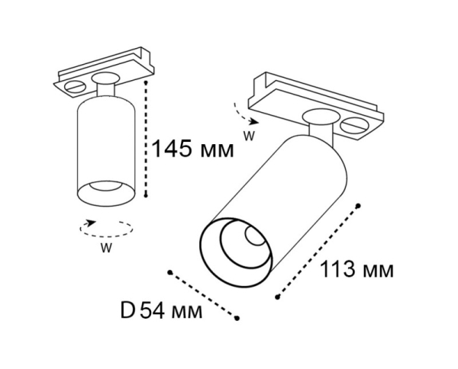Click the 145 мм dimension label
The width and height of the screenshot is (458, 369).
point(192,147)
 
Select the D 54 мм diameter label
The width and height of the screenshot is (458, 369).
point(161,311)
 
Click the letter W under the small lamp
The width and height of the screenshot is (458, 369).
point(107,247)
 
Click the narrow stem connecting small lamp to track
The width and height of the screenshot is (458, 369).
point(107,92)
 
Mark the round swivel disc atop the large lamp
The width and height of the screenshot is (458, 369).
point(319,117)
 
